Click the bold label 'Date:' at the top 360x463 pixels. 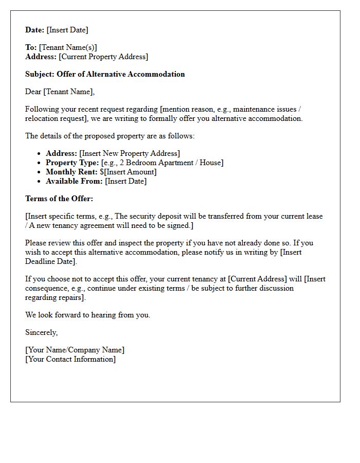point(35,30)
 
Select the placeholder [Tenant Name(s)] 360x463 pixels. point(68,47)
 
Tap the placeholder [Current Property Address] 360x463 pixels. point(103,57)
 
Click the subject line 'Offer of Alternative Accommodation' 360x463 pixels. point(120,74)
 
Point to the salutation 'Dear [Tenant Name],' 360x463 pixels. point(60,92)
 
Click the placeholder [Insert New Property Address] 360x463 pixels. point(130,153)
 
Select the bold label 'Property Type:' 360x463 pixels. point(72,163)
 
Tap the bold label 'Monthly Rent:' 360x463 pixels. point(71,172)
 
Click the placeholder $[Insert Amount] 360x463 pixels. point(128,172)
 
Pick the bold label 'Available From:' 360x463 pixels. point(74,181)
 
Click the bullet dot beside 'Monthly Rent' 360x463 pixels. point(40,172)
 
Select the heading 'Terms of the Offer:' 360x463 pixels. point(59,199)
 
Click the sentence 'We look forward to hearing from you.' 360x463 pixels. point(88,315)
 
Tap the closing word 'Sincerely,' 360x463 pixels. point(42,332)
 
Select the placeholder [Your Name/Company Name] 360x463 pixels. point(75,350)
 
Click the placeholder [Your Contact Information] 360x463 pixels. point(70,359)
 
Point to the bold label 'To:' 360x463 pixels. point(31,47)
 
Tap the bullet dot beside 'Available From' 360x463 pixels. point(40,182)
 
